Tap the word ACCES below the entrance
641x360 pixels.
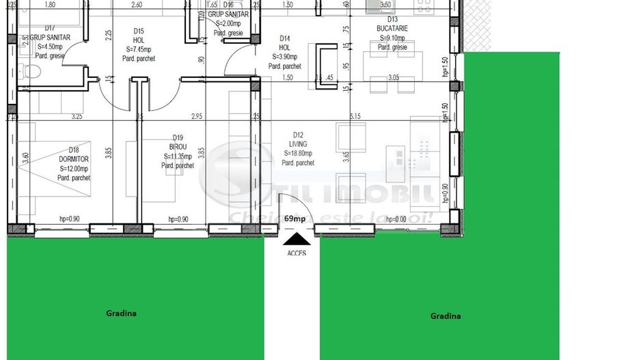[x=297, y=253]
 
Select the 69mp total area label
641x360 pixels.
[x=295, y=219]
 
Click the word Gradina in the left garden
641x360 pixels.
[x=121, y=314]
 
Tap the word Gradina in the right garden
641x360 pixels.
[x=445, y=316]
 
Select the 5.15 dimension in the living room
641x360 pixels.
[x=354, y=116]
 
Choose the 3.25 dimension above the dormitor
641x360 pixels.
[x=77, y=116]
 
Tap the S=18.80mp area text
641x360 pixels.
[x=299, y=154]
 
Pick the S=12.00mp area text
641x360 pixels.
[x=75, y=169]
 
